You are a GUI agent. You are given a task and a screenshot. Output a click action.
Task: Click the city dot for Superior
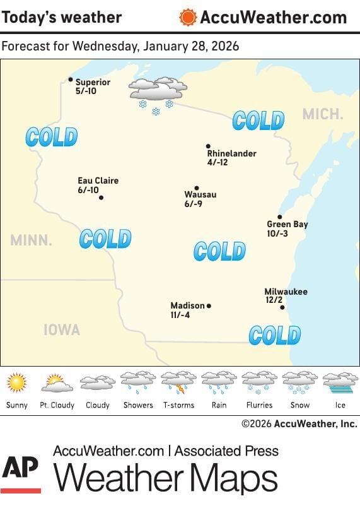(x=71, y=80)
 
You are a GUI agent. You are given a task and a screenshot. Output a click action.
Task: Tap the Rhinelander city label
(x=231, y=153)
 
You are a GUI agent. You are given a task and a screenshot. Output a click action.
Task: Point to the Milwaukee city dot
(x=282, y=308)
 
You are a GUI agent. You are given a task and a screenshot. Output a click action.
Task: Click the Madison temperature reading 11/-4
(x=180, y=315)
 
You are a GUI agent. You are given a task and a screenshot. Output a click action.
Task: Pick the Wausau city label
(x=200, y=195)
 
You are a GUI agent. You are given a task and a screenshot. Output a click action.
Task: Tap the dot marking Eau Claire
(x=101, y=198)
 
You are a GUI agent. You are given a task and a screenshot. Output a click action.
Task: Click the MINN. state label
(x=31, y=240)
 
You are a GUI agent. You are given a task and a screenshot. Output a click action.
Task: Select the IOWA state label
(x=62, y=330)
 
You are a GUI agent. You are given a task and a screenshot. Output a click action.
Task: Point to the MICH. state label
(x=323, y=114)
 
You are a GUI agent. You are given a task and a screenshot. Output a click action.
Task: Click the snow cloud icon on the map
(x=157, y=94)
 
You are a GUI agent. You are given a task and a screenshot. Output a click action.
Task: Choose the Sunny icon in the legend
(x=17, y=382)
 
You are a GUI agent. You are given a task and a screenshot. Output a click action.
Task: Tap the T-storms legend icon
(x=178, y=382)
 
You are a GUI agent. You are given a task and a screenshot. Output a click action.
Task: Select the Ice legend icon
(x=340, y=382)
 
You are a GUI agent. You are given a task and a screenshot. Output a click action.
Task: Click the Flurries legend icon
(x=259, y=382)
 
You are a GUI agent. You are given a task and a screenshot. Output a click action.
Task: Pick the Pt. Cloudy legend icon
(x=57, y=382)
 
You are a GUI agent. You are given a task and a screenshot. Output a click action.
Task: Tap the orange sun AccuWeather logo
(x=188, y=17)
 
